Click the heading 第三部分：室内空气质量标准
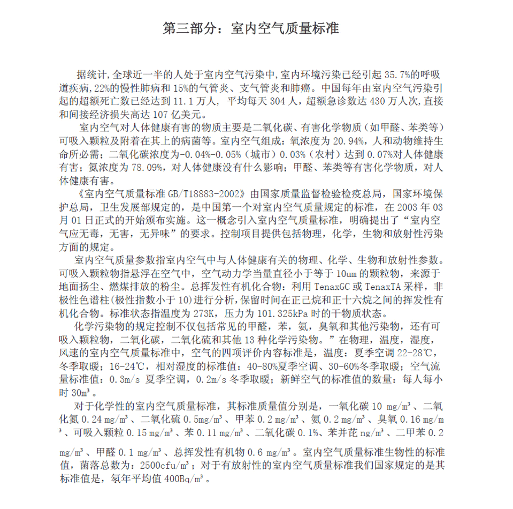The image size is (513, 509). tap(250, 28)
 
